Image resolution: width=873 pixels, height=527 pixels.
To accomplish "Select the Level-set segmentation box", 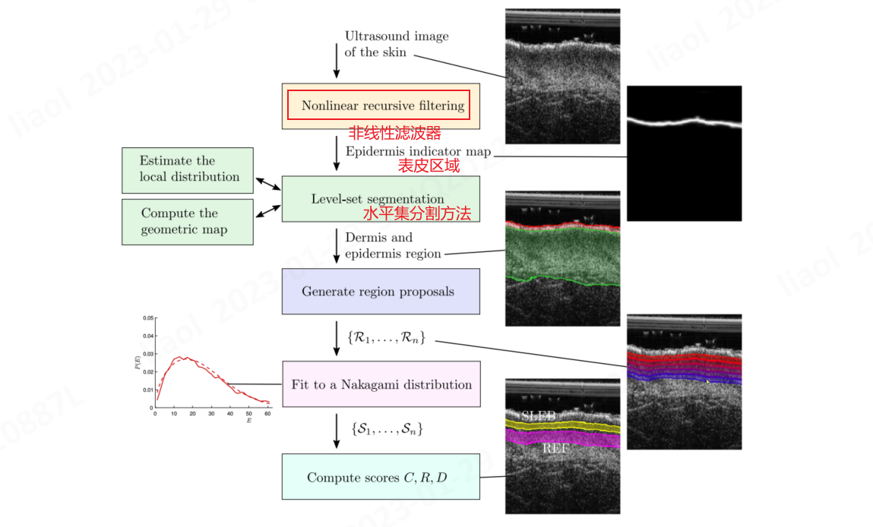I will (x=381, y=198).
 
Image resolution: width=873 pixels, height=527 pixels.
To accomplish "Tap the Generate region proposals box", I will (x=381, y=291).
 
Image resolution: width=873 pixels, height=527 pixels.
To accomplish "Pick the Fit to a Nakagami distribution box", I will (x=381, y=384).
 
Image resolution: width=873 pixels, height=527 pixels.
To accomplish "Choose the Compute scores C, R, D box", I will (x=381, y=477).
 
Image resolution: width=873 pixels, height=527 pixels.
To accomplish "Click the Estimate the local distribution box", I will (x=189, y=169).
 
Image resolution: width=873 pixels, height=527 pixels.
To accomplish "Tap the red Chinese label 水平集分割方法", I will (x=416, y=214).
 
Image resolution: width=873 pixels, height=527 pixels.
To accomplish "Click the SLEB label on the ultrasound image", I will (x=538, y=415).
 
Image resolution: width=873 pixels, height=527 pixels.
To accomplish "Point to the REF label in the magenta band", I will (x=556, y=449).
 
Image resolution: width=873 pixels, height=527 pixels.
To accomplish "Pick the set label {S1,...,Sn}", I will (x=387, y=430).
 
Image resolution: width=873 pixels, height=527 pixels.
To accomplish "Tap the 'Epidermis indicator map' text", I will (x=418, y=152).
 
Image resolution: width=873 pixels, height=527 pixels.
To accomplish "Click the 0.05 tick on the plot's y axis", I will (x=148, y=318).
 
